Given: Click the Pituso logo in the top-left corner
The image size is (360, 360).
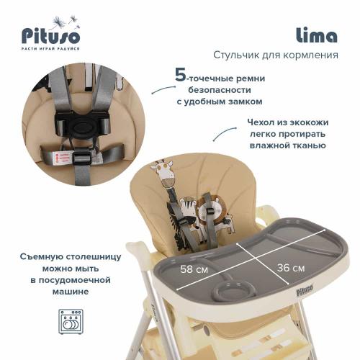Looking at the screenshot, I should tap(48, 34).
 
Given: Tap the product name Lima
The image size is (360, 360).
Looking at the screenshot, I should tap(317, 35).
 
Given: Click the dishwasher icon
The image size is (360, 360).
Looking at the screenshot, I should tap(68, 324).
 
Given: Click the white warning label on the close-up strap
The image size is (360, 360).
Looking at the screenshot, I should tap(67, 157).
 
